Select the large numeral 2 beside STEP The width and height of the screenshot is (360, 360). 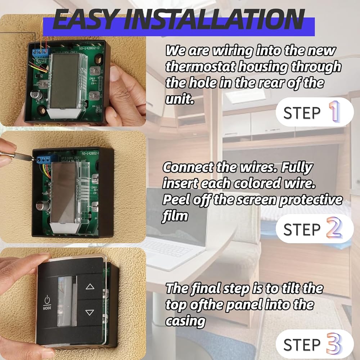click(x=334, y=228)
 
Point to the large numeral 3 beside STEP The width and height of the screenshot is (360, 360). click(x=334, y=344)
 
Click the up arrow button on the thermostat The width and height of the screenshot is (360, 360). click(x=90, y=287)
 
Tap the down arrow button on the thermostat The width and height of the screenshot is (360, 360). click(x=90, y=312)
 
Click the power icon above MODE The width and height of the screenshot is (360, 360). click(x=47, y=300)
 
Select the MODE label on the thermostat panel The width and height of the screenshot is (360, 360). click(x=47, y=308)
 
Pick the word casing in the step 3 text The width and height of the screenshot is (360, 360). click(x=185, y=321)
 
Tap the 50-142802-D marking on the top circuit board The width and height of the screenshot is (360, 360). click(x=89, y=49)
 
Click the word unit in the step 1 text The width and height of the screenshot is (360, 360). click(x=180, y=99)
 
